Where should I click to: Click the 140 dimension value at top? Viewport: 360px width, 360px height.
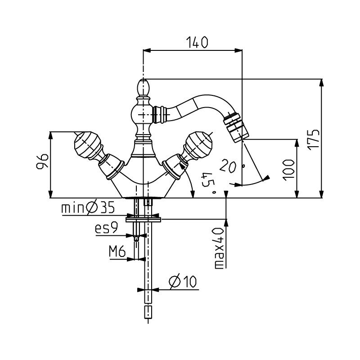pos(197,42)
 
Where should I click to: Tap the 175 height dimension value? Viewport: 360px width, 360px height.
pos(314,140)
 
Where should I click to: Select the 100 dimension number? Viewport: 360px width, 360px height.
pos(288,170)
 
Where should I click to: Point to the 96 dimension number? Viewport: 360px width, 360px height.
pos(42,161)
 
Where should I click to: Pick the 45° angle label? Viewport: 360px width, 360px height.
pos(208,182)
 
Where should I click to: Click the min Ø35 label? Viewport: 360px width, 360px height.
pos(88,208)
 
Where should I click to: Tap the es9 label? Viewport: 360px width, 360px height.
pos(106,229)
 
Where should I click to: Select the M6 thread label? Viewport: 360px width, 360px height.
pos(117,251)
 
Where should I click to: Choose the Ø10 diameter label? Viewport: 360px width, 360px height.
pos(183,282)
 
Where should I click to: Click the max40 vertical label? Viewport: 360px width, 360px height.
pos(220,248)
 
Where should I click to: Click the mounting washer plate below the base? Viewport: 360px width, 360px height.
pos(143,220)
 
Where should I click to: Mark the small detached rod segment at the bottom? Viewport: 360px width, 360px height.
pos(148,312)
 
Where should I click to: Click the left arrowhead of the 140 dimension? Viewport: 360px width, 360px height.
pos(147,50)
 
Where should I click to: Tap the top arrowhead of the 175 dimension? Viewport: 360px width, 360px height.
pos(322,83)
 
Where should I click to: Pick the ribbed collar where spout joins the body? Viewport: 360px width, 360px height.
pos(159,114)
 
